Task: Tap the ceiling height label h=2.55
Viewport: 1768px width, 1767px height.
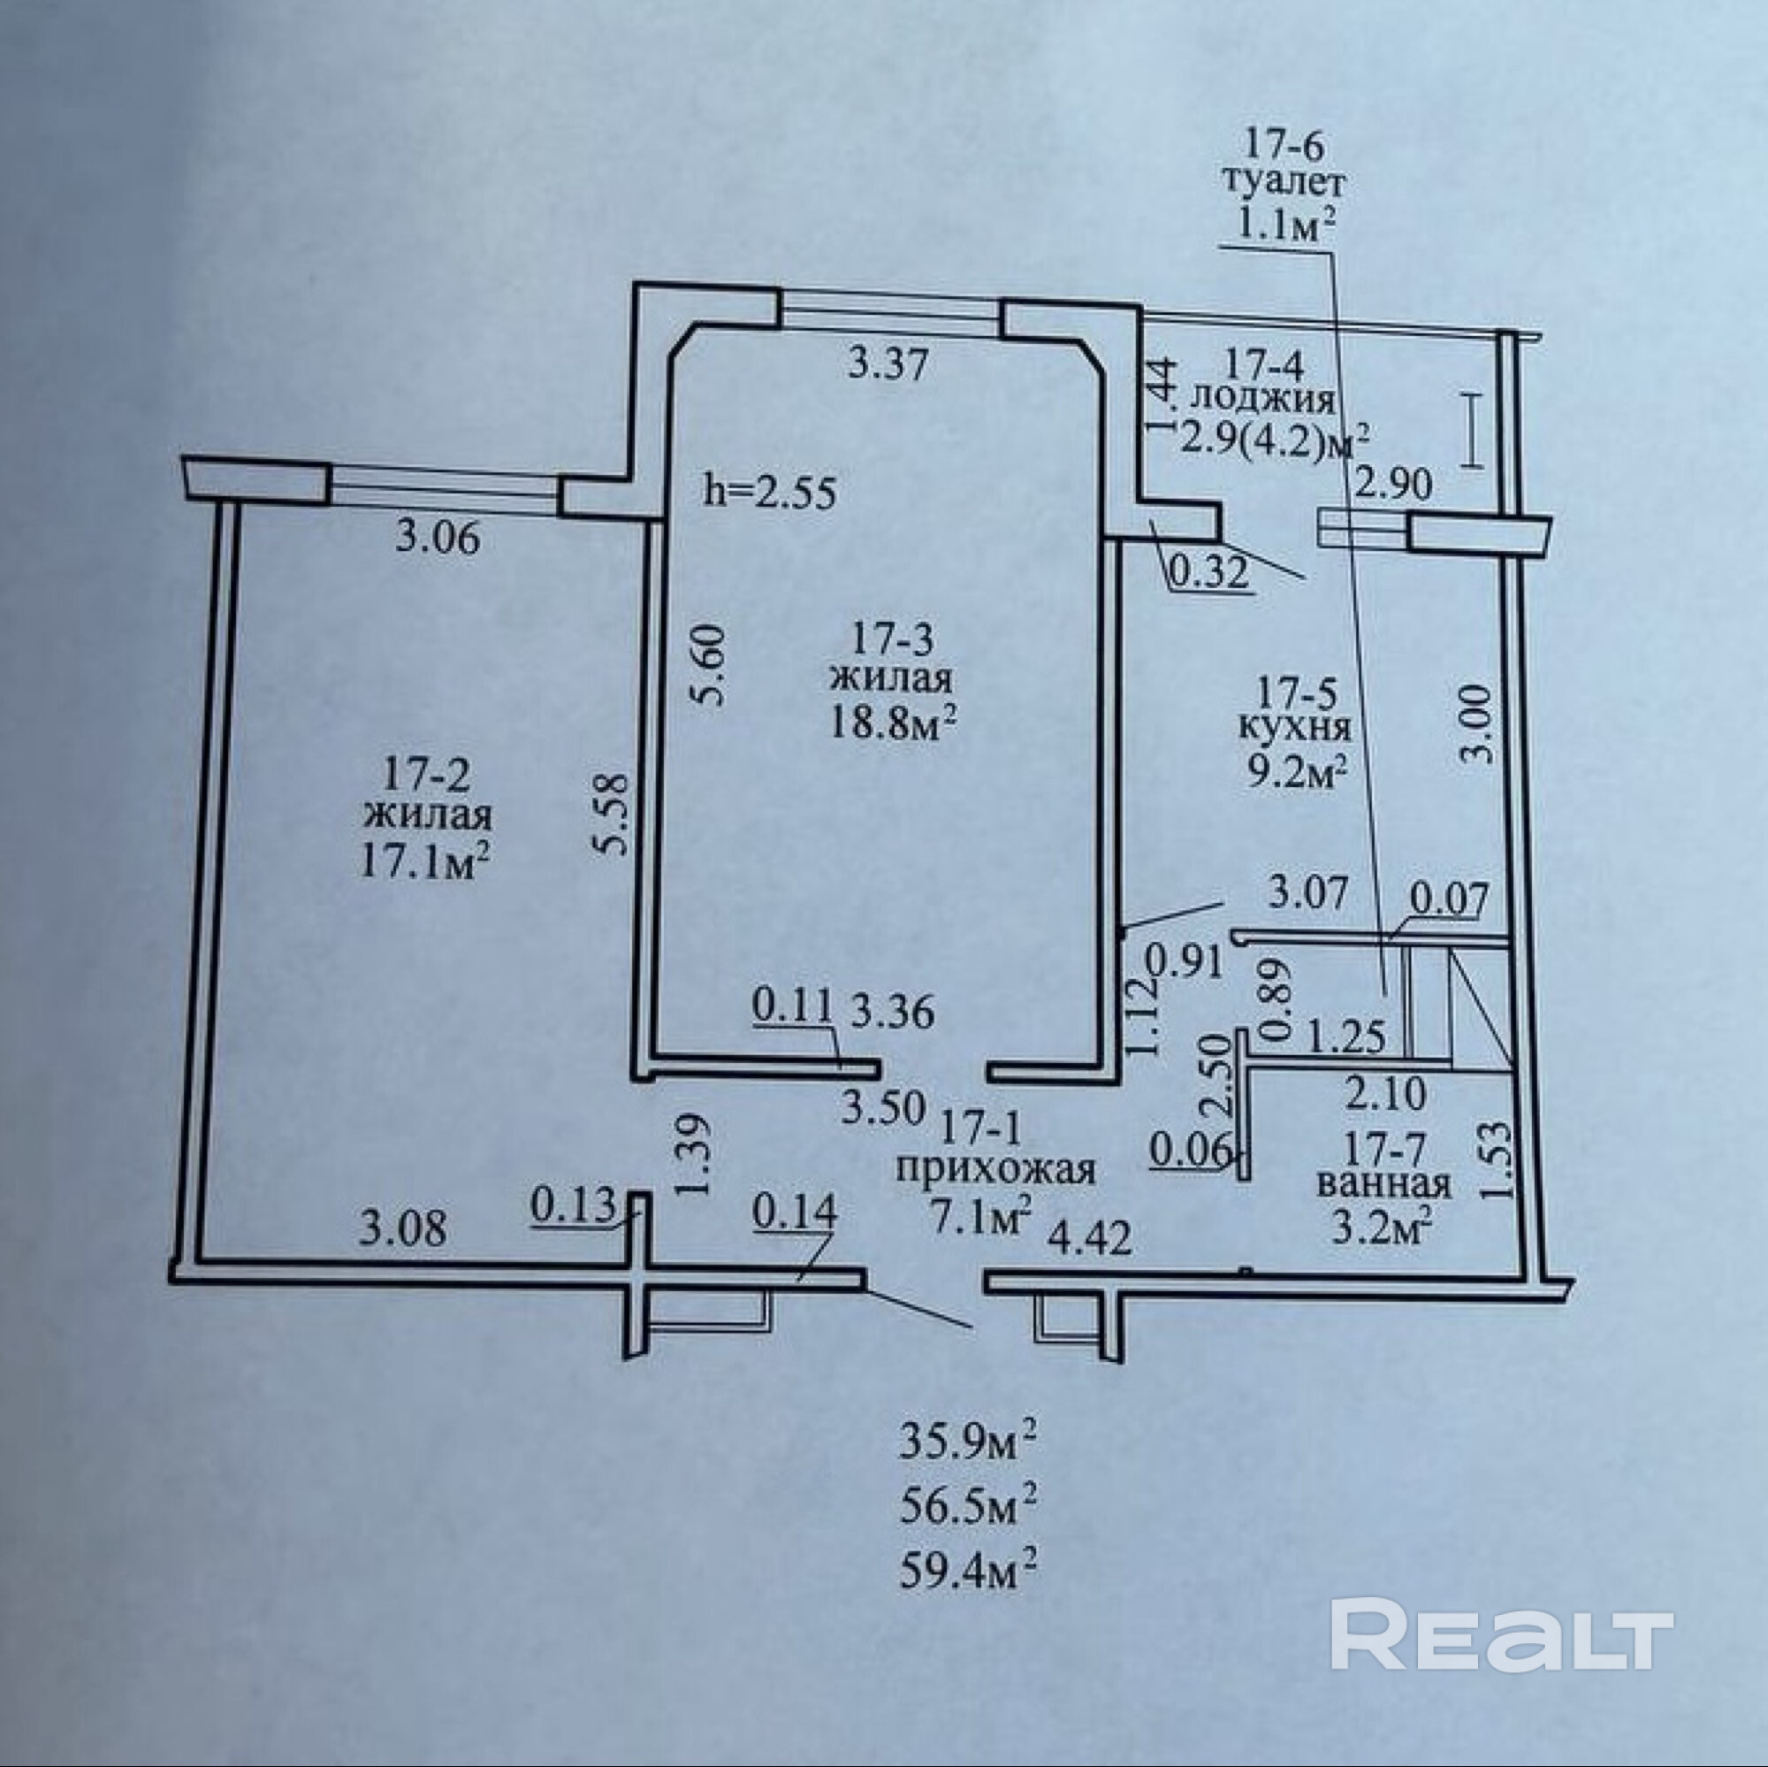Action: point(770,494)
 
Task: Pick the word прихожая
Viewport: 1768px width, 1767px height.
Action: point(995,1170)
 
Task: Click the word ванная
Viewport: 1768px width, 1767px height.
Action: point(1383,1184)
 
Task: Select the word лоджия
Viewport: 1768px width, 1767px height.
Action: point(1266,400)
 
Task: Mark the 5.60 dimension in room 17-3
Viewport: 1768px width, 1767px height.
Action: point(711,664)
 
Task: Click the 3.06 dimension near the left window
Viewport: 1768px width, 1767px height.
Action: point(438,538)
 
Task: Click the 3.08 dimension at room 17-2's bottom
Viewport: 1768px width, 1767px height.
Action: point(404,1228)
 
